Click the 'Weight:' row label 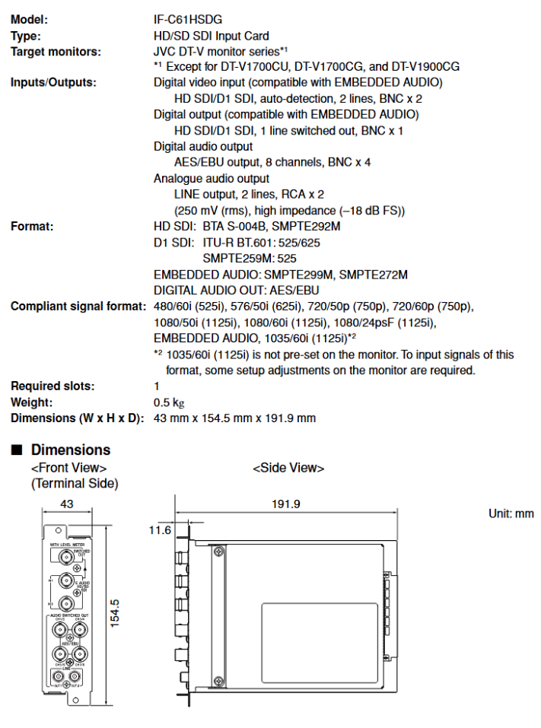pyautogui.click(x=32, y=402)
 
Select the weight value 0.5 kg pyautogui.click(x=169, y=402)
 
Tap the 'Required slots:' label pyautogui.click(x=53, y=386)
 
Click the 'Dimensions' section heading pyautogui.click(x=70, y=450)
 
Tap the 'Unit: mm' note pyautogui.click(x=511, y=514)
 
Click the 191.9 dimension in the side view pyautogui.click(x=286, y=504)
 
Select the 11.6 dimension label pyautogui.click(x=161, y=529)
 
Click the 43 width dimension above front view pyautogui.click(x=68, y=504)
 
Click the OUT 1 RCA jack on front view pyautogui.click(x=56, y=676)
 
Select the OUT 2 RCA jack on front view pyautogui.click(x=75, y=676)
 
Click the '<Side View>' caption pyautogui.click(x=288, y=468)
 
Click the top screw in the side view pyautogui.click(x=218, y=554)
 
